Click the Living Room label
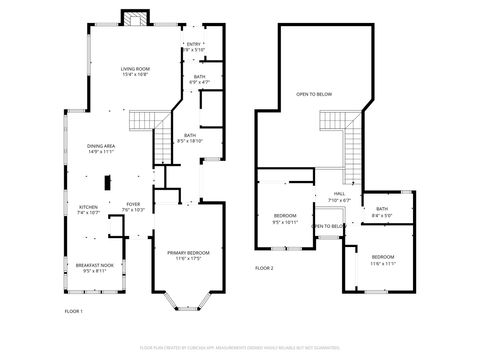135,70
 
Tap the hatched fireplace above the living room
134,19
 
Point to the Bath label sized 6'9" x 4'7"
199,80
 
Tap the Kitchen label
89,210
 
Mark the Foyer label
133,207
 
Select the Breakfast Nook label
95,268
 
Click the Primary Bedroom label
189,256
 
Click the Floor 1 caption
73,312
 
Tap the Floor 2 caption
264,268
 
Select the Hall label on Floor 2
339,198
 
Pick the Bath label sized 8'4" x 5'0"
382,212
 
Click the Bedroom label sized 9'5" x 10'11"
286,219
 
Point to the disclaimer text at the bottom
240,347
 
